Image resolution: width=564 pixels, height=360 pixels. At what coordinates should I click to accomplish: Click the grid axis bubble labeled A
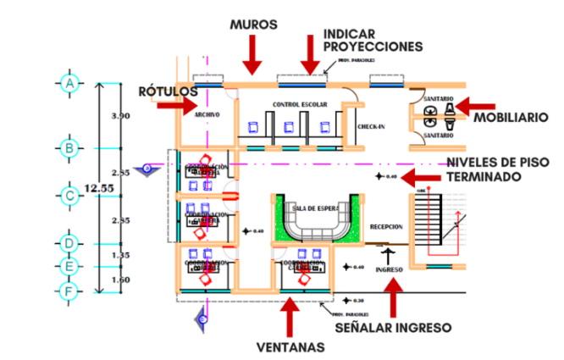pyautogui.click(x=69, y=83)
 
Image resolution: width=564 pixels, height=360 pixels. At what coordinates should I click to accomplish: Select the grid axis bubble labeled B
pyautogui.click(x=69, y=148)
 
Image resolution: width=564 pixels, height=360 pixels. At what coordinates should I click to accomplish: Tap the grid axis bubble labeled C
pyautogui.click(x=69, y=196)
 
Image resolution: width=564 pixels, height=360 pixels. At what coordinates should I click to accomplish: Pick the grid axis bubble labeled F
pyautogui.click(x=69, y=293)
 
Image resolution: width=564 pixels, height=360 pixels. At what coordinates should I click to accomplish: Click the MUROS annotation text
pyautogui.click(x=253, y=25)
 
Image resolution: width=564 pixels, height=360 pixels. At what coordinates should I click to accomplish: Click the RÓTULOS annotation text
pyautogui.click(x=169, y=91)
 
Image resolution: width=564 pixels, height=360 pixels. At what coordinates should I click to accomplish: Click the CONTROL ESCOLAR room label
pyautogui.click(x=295, y=104)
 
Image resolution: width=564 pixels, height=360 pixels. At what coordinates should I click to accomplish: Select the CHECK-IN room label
pyautogui.click(x=371, y=125)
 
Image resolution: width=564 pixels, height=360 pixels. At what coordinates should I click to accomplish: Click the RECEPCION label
pyautogui.click(x=386, y=226)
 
